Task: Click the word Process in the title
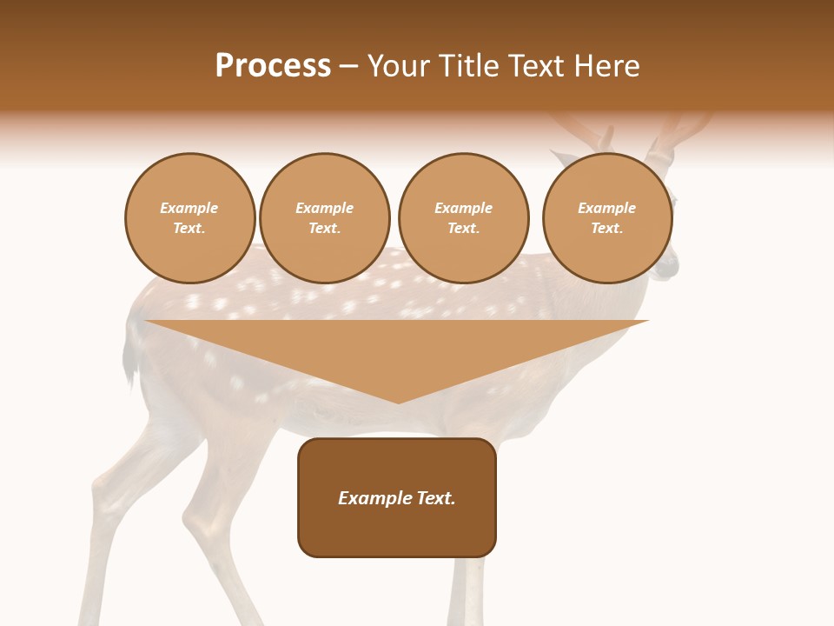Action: click(273, 66)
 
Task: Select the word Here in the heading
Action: click(605, 66)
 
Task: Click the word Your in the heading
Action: click(400, 66)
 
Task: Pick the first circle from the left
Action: click(189, 218)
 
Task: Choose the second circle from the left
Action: click(324, 218)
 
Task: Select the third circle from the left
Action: click(463, 218)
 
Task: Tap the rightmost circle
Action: click(606, 218)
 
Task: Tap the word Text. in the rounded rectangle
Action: click(435, 498)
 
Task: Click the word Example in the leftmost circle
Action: click(189, 208)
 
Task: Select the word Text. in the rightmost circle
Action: click(606, 229)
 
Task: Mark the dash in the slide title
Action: click(349, 67)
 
